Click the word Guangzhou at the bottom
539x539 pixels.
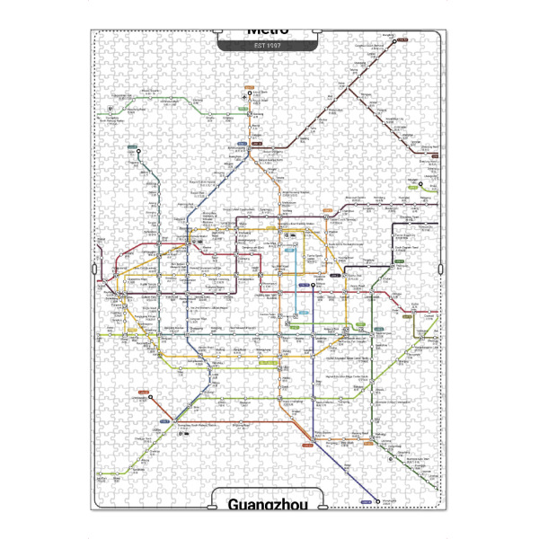[268, 504]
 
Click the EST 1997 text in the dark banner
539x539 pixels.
[268, 44]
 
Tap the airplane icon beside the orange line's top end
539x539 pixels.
[245, 98]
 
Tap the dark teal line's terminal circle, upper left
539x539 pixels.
[138, 150]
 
